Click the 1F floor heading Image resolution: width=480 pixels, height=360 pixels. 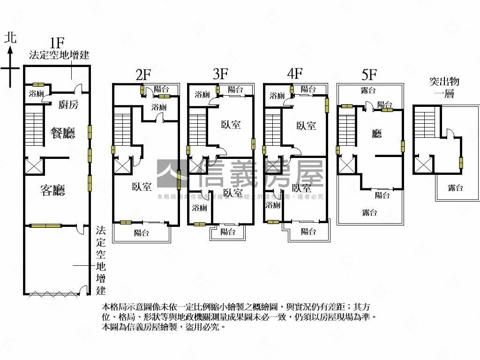coord(57,43)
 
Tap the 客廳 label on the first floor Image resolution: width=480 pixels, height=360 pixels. coord(52,190)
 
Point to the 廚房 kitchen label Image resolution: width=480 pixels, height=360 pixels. coord(68,105)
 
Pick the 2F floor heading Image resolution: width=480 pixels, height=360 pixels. coord(143,74)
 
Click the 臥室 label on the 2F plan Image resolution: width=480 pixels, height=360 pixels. coord(142,187)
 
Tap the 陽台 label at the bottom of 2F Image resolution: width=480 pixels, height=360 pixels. coord(142,232)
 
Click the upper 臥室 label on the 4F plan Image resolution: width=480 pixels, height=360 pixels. coord(306,126)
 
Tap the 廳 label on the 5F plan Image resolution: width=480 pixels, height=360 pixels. coord(377,134)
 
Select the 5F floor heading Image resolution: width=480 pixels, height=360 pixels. coord(369,74)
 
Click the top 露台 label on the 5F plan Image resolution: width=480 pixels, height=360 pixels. coord(369,90)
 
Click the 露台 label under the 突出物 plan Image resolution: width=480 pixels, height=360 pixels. coord(455,188)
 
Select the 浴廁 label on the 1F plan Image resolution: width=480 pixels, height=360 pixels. coord(36,93)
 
